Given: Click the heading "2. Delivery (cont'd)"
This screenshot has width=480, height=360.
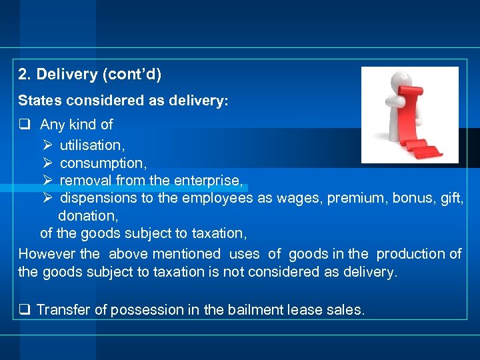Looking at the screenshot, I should pos(90,75).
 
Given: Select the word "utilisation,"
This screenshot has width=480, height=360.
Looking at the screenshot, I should pos(93,145).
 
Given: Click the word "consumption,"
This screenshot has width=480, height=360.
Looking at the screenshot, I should pos(103,163).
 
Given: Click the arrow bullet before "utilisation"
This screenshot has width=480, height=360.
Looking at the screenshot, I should pos(47,145).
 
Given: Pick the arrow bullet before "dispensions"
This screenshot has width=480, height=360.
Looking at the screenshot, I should pos(47,198).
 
